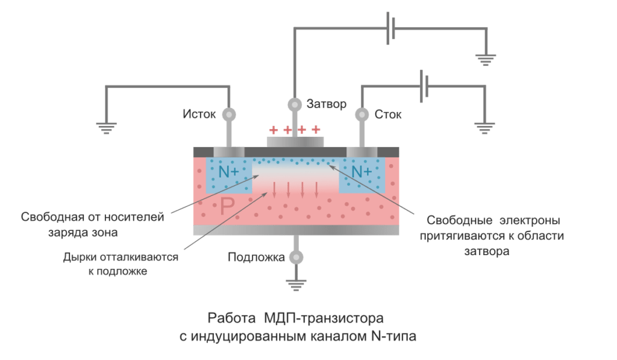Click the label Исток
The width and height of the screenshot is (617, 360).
click(199, 114)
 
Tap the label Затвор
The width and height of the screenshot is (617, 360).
click(327, 104)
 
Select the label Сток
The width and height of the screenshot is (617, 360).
click(388, 114)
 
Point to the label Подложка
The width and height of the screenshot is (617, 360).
click(256, 257)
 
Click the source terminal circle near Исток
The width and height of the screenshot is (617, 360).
click(229, 114)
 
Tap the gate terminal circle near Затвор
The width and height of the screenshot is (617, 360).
click(295, 104)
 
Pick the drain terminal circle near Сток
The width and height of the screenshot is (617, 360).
click(362, 114)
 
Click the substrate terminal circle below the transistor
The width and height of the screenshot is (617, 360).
click(295, 257)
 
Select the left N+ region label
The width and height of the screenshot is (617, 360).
click(228, 172)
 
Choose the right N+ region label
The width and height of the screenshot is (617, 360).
click(361, 172)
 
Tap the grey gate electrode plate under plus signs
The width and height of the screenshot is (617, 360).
click(295, 141)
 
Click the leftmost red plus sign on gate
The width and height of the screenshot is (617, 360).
click(274, 129)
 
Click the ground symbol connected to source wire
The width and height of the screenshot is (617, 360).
click(107, 126)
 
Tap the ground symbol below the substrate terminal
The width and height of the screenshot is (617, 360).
click(295, 283)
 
